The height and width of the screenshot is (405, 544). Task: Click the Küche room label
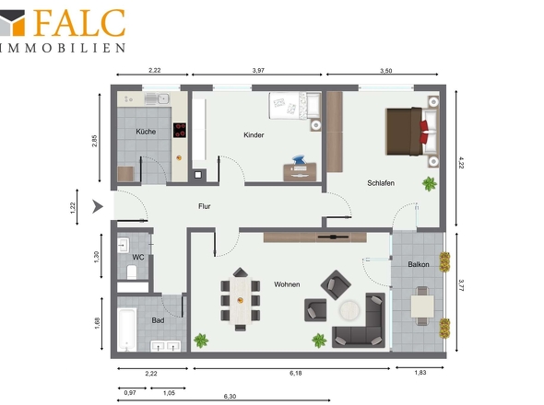(x=146, y=132)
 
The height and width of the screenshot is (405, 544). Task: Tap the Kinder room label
(x=254, y=135)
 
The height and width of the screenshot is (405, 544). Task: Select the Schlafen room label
(x=381, y=183)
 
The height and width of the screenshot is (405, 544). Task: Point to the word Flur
(x=205, y=206)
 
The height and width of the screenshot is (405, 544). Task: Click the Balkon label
(x=419, y=264)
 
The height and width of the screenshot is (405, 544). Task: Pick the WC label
(x=138, y=258)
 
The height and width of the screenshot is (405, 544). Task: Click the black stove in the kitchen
(x=180, y=131)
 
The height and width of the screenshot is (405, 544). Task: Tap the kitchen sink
(x=157, y=98)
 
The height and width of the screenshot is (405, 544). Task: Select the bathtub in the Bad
(x=126, y=330)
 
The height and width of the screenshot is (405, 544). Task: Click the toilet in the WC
(x=132, y=272)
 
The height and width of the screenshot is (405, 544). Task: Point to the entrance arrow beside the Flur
(x=98, y=206)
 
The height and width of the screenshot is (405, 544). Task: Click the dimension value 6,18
(x=296, y=373)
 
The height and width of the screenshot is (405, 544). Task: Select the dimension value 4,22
(x=461, y=163)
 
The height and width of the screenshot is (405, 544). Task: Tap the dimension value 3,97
(x=258, y=70)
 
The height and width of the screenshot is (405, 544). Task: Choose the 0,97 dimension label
(x=130, y=393)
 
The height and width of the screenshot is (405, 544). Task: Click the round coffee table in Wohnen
(x=350, y=310)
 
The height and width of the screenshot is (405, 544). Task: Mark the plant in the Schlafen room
(x=430, y=183)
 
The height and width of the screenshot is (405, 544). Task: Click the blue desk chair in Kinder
(x=299, y=160)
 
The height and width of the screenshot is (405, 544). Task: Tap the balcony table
(x=422, y=307)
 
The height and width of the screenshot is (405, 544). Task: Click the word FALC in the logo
(x=79, y=23)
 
